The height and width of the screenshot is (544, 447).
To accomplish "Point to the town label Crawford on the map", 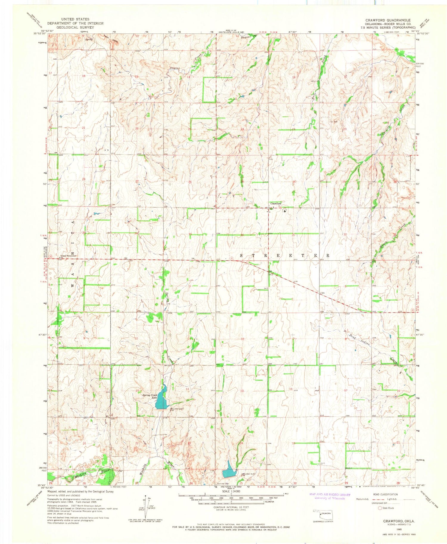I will tap(276, 203).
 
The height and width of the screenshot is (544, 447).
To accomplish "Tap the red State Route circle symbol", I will tap(380, 508).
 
